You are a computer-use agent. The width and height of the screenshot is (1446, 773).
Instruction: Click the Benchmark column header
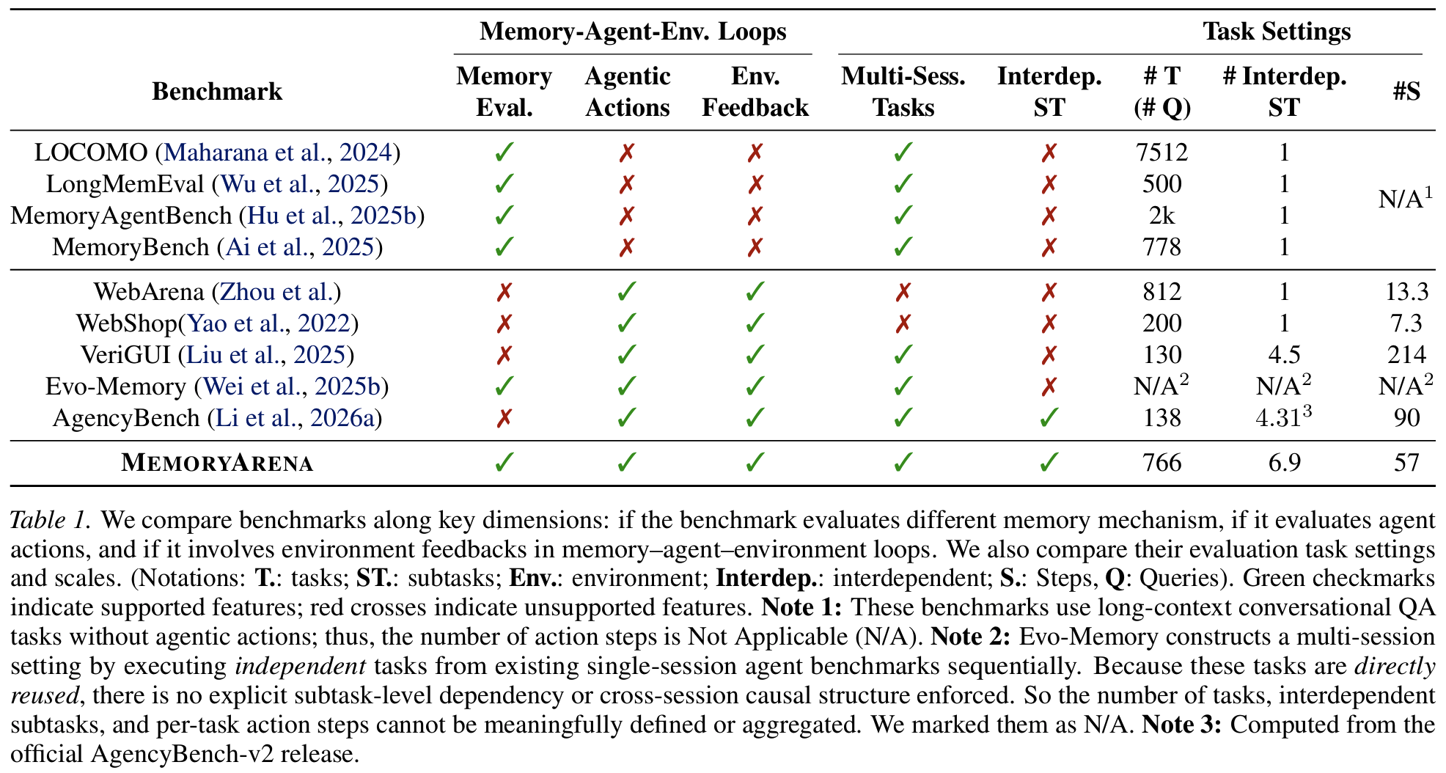(217, 92)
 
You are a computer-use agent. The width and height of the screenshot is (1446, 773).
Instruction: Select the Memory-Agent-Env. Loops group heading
(633, 32)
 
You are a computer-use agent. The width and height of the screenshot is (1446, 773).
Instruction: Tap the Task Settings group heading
(1277, 32)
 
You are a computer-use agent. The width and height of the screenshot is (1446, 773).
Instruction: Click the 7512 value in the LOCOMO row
(1161, 153)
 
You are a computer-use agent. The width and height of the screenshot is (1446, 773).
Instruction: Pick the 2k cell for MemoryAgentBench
(1161, 216)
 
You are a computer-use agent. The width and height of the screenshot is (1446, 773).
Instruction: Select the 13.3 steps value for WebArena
(1406, 292)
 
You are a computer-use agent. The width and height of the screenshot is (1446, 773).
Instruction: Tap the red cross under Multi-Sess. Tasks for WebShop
(903, 323)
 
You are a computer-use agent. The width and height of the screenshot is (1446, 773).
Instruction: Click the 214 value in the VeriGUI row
(1406, 355)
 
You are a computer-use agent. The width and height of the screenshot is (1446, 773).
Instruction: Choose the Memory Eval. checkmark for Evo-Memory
(504, 386)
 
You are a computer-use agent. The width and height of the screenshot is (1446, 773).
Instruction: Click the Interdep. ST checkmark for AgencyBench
(1049, 418)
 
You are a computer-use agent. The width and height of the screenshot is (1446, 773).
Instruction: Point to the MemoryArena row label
(217, 464)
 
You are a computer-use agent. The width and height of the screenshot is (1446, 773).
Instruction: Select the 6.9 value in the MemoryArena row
(1284, 464)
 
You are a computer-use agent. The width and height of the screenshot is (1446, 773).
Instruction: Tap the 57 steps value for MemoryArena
(1406, 464)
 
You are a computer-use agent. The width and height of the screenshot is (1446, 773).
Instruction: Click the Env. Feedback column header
(755, 92)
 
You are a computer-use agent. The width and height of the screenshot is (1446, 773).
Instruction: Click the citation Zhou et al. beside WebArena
(276, 292)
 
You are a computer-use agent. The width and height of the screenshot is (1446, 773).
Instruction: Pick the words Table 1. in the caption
(51, 520)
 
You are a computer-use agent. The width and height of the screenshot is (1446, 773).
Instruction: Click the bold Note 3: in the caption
(1181, 725)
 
